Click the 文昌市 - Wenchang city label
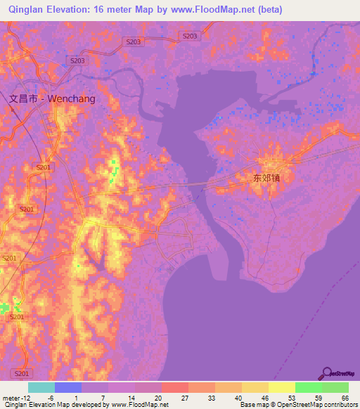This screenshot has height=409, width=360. [53, 99]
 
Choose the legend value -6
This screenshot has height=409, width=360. [51, 398]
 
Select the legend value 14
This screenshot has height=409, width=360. [132, 398]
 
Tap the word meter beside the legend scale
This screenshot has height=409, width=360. [11, 398]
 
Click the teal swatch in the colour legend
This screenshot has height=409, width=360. [41, 387]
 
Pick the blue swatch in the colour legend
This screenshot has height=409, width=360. [68, 387]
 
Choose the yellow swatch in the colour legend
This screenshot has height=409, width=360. [282, 387]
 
